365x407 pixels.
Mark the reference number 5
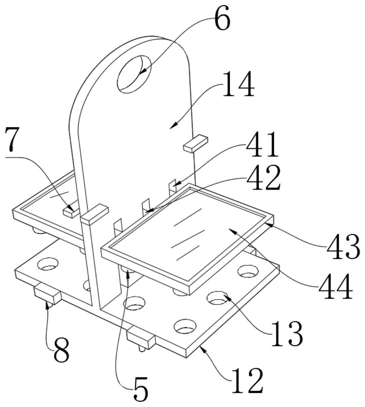[x=140, y=389]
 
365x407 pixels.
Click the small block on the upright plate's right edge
[x=196, y=144]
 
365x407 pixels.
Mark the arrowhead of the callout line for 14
[x=173, y=127]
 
